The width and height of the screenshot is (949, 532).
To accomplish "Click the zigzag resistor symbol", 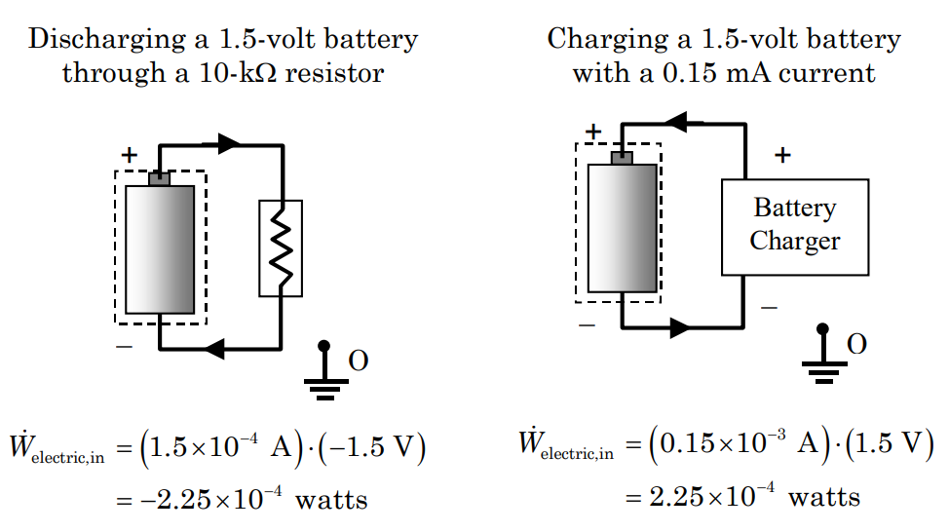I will (281, 247).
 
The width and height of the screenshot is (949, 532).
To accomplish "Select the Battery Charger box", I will (794, 226).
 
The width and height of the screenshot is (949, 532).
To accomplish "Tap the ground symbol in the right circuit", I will (822, 355).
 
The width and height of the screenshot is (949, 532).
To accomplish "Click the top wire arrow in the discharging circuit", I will (228, 144).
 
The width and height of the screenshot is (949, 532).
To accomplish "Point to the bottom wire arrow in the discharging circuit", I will (215, 347).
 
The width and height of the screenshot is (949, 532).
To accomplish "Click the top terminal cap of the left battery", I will (159, 178).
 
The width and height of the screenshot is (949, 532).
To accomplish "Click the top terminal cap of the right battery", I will (622, 157).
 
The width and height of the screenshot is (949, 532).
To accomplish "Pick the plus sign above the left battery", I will (129, 155).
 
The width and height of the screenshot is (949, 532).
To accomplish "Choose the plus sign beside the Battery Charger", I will (781, 155).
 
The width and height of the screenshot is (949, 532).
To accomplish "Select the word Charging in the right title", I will (600, 39).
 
